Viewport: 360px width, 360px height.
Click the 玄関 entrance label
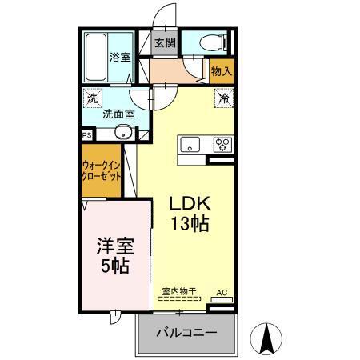point(164,43)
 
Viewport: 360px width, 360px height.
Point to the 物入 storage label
point(221,71)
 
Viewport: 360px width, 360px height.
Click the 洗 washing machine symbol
point(93,98)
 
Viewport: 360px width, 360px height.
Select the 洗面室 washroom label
point(118,114)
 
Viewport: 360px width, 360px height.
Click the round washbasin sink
point(122,132)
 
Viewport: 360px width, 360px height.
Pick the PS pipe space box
point(87,136)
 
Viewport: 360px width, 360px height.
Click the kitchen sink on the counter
point(190,145)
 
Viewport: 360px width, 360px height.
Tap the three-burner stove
point(220,145)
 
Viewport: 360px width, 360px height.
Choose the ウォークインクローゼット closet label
point(101,171)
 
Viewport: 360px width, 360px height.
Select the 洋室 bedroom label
point(111,244)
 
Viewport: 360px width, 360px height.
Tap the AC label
point(222,293)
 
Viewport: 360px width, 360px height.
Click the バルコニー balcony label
point(186,333)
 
